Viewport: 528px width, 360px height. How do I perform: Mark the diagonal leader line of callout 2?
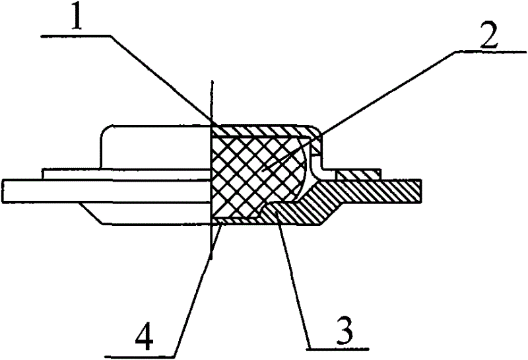point(358,110)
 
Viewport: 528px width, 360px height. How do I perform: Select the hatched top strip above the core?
point(263,130)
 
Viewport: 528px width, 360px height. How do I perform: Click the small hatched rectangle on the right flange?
point(358,174)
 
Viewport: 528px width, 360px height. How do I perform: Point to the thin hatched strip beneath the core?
point(236,221)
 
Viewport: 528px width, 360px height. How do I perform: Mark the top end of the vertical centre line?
point(211,81)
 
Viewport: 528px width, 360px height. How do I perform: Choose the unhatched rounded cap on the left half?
point(155,147)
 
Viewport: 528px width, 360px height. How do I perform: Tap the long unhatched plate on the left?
point(106,191)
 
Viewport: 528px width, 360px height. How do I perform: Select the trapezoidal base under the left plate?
point(145,213)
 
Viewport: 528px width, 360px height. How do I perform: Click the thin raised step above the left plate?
point(127,174)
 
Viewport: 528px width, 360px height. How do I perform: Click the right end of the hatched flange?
point(421,191)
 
